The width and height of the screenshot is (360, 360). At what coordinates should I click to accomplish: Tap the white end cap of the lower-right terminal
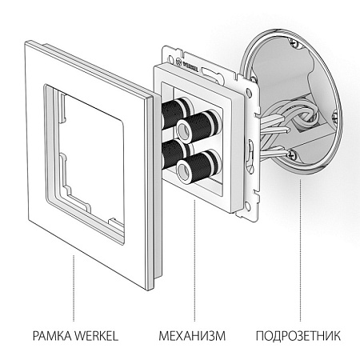click(x=185, y=169)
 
